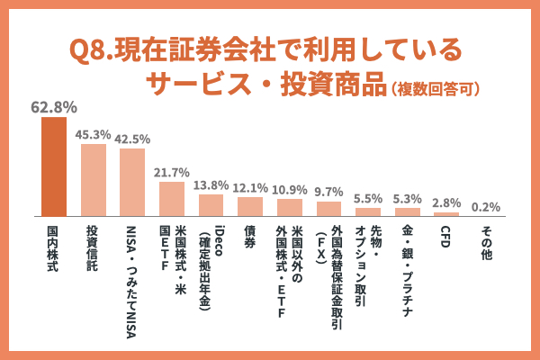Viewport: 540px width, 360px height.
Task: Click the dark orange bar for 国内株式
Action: pos(53,167)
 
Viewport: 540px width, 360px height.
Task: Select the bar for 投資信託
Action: pos(93,180)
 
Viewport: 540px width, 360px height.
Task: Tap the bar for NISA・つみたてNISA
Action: pos(132,183)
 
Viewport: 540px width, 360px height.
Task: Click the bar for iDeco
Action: pos(211,206)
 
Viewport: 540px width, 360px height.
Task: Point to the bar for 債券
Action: pos(250,207)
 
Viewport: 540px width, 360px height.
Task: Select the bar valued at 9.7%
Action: pos(328,209)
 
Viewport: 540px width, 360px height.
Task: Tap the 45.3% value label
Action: pos(93,135)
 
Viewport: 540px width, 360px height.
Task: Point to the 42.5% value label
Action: pos(132,139)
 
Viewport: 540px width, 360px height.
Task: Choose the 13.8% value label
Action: pos(211,185)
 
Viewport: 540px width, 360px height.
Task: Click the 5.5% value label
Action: pos(368,199)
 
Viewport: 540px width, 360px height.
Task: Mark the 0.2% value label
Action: pos(486,207)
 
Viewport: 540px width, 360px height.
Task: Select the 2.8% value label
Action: pos(446,202)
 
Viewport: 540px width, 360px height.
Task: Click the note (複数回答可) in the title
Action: pos(435,88)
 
